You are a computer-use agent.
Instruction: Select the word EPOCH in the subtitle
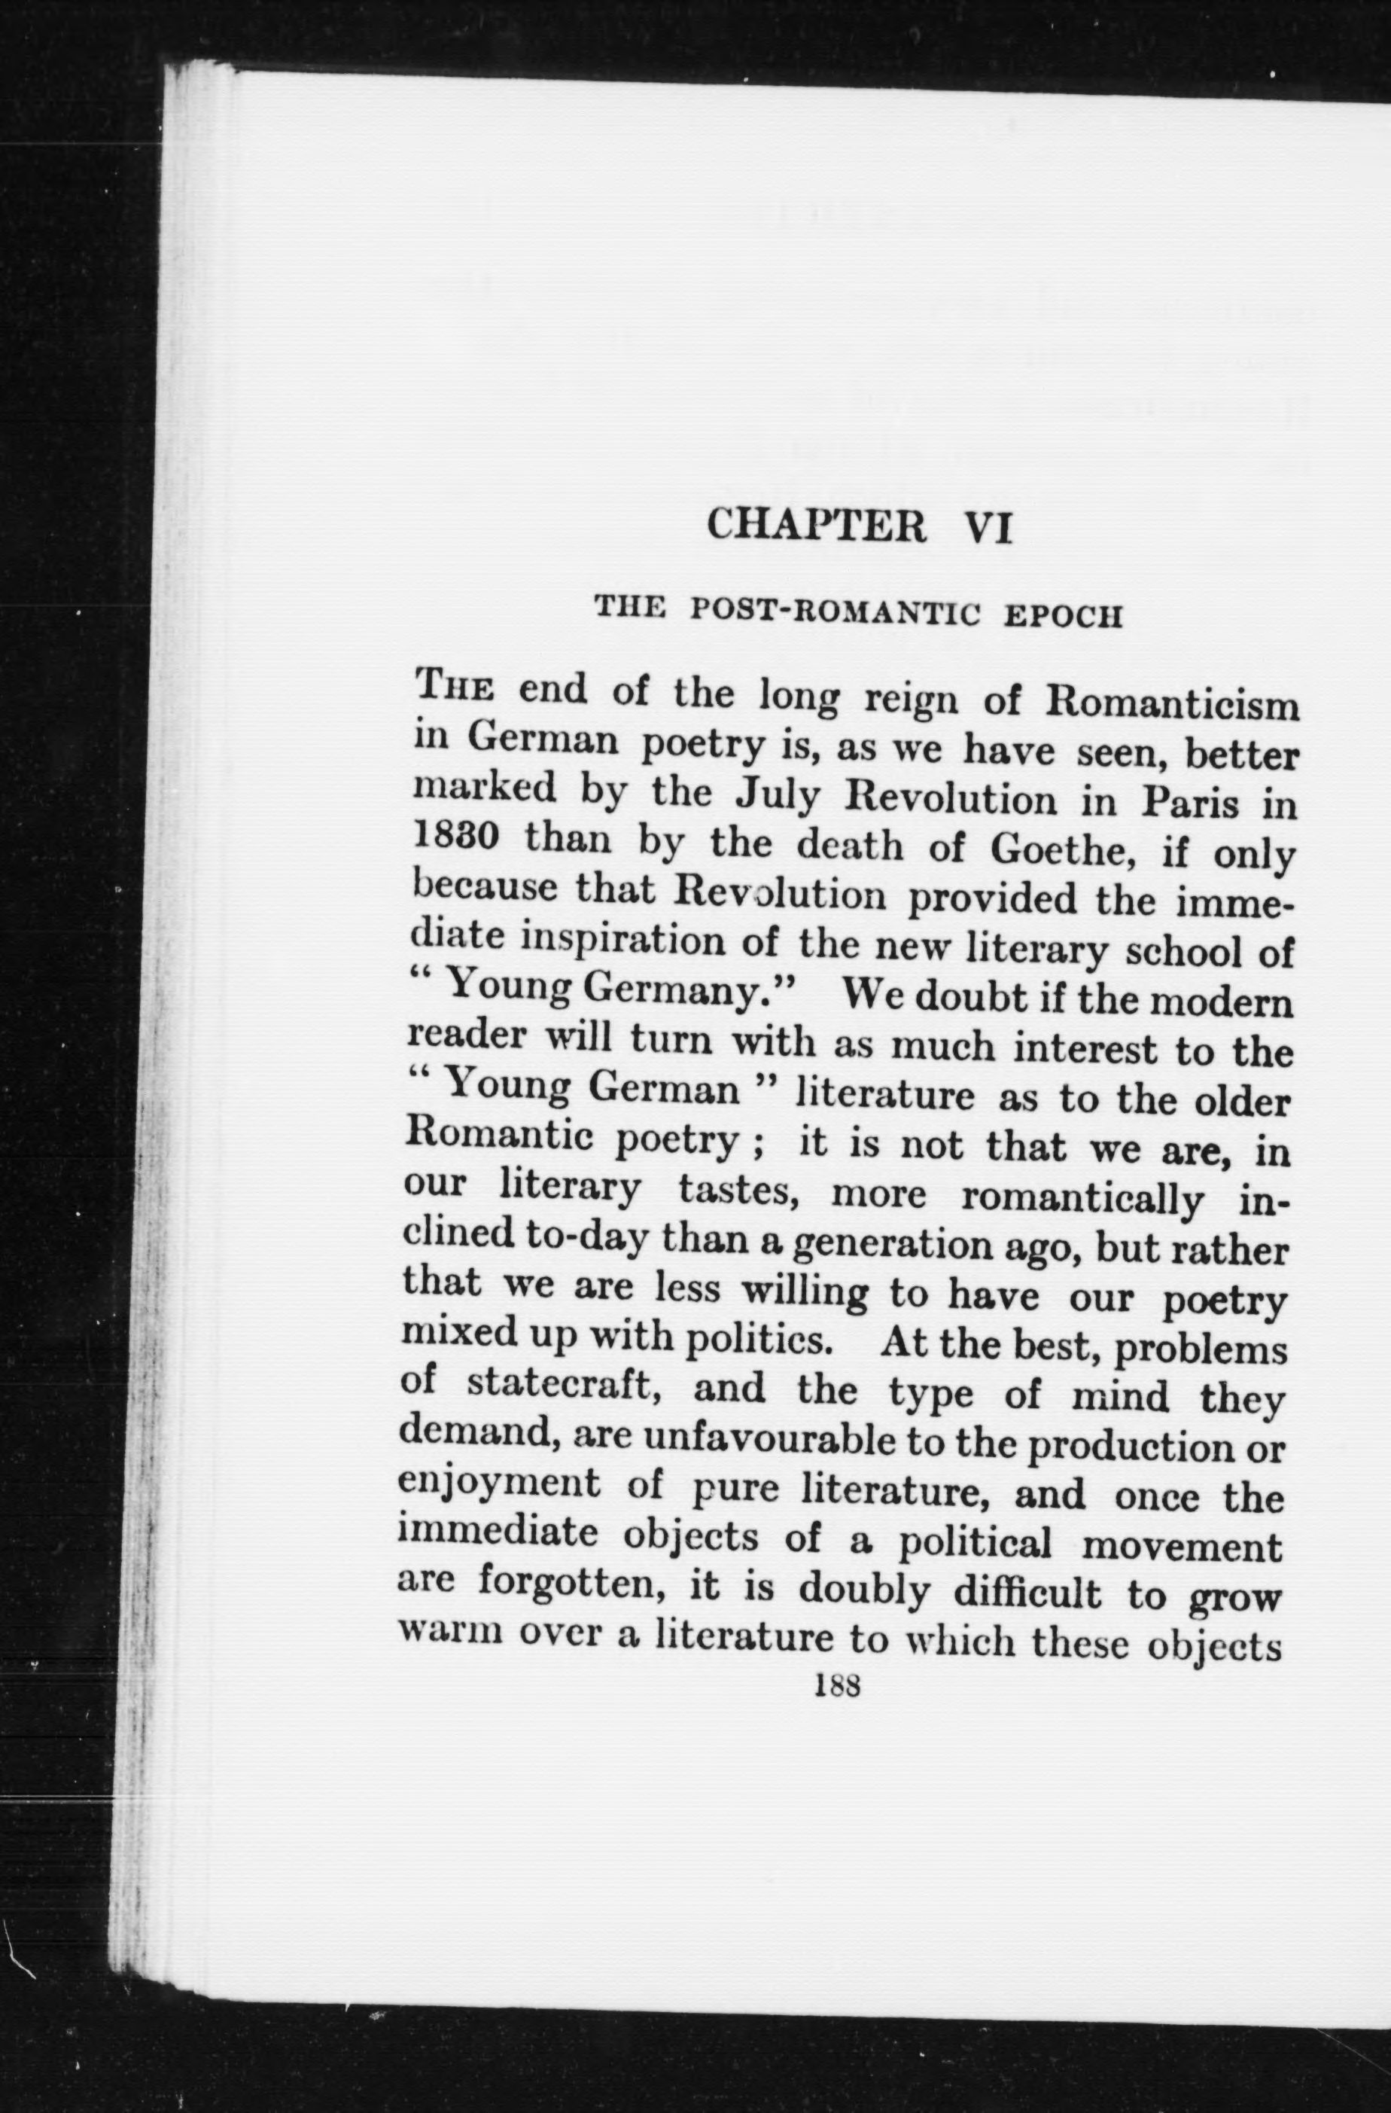point(1063,616)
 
